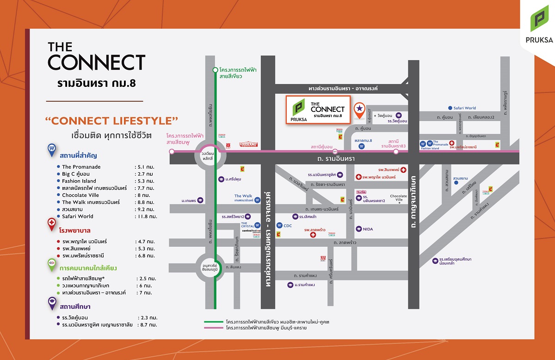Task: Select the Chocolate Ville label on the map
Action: pos(398,198)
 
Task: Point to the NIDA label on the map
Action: pos(368,229)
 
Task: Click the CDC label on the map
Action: pos(287,226)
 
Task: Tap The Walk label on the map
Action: pos(243,196)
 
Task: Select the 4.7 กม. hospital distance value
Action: pos(145,242)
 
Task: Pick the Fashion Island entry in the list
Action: pos(79,181)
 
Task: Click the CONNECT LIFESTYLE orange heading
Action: pos(112,122)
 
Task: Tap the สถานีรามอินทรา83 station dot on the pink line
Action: pos(395,151)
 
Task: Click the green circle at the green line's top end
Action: pos(215,70)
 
